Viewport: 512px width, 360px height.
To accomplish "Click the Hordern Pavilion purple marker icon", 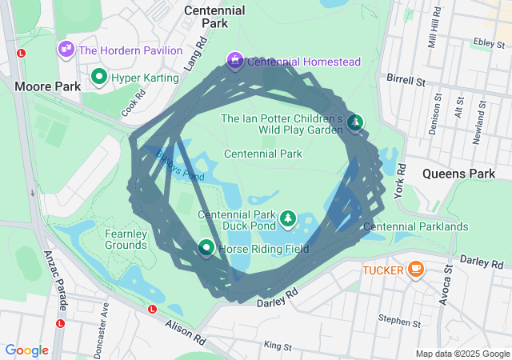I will point(66,50).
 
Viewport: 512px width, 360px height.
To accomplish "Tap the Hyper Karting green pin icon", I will point(99,77).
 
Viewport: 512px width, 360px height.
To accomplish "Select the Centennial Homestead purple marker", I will point(235,60).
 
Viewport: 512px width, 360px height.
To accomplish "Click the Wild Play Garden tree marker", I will point(354,122).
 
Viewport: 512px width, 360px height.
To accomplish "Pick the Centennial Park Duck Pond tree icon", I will point(287,218).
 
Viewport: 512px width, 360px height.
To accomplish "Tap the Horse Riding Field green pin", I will point(206,249).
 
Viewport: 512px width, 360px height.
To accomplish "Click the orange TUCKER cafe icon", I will point(415,270).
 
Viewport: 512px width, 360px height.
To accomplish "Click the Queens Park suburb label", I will point(459,173).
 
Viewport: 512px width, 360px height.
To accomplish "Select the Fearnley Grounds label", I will point(126,238).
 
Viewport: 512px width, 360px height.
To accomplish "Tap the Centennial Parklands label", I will point(415,226).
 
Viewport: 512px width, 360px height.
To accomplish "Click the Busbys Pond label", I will point(180,166).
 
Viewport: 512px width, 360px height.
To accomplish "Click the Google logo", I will point(27,350).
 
